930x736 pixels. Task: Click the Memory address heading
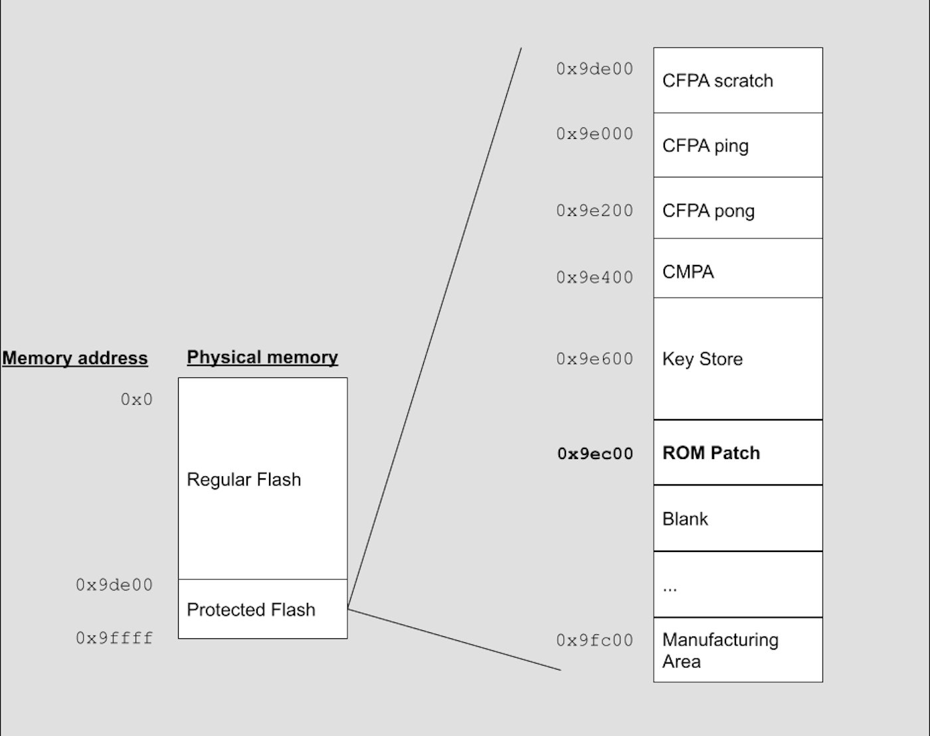tap(75, 358)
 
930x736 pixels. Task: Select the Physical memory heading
tap(262, 357)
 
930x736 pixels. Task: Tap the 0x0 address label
tap(136, 399)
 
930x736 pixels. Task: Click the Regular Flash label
tap(244, 480)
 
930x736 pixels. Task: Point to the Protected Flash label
tap(251, 610)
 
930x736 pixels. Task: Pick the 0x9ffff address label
tap(114, 638)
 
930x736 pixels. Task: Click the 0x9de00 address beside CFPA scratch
tap(595, 69)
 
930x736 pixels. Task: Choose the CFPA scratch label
tap(717, 81)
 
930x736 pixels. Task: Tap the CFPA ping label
tap(705, 146)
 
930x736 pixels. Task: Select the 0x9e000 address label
tap(595, 134)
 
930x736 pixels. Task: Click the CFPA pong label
tap(708, 211)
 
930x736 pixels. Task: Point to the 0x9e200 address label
tap(595, 211)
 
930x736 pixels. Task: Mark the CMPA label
tap(688, 272)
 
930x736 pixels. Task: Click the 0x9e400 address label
tap(595, 278)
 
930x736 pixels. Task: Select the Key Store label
tap(702, 359)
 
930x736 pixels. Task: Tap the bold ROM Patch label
tap(711, 453)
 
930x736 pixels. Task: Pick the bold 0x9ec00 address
tap(595, 454)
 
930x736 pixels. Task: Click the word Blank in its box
tap(685, 519)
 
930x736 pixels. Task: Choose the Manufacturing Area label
tap(720, 650)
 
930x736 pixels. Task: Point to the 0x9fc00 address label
tap(595, 640)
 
